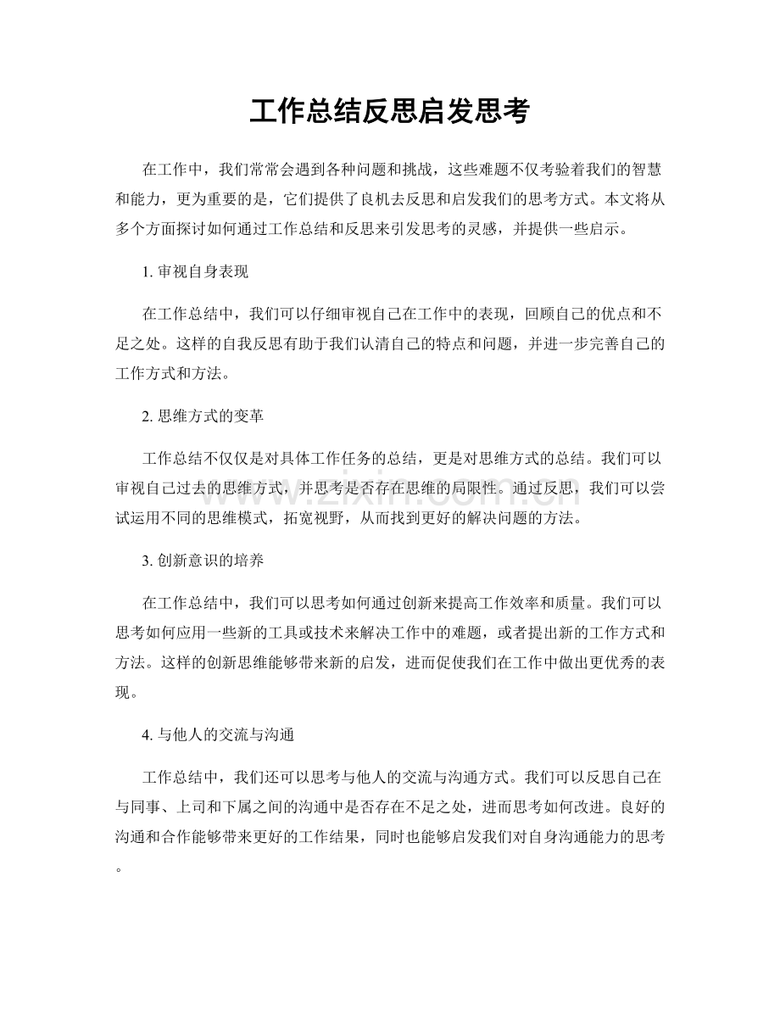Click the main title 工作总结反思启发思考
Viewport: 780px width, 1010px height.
tap(389, 112)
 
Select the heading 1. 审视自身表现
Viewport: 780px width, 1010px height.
tap(195, 272)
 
